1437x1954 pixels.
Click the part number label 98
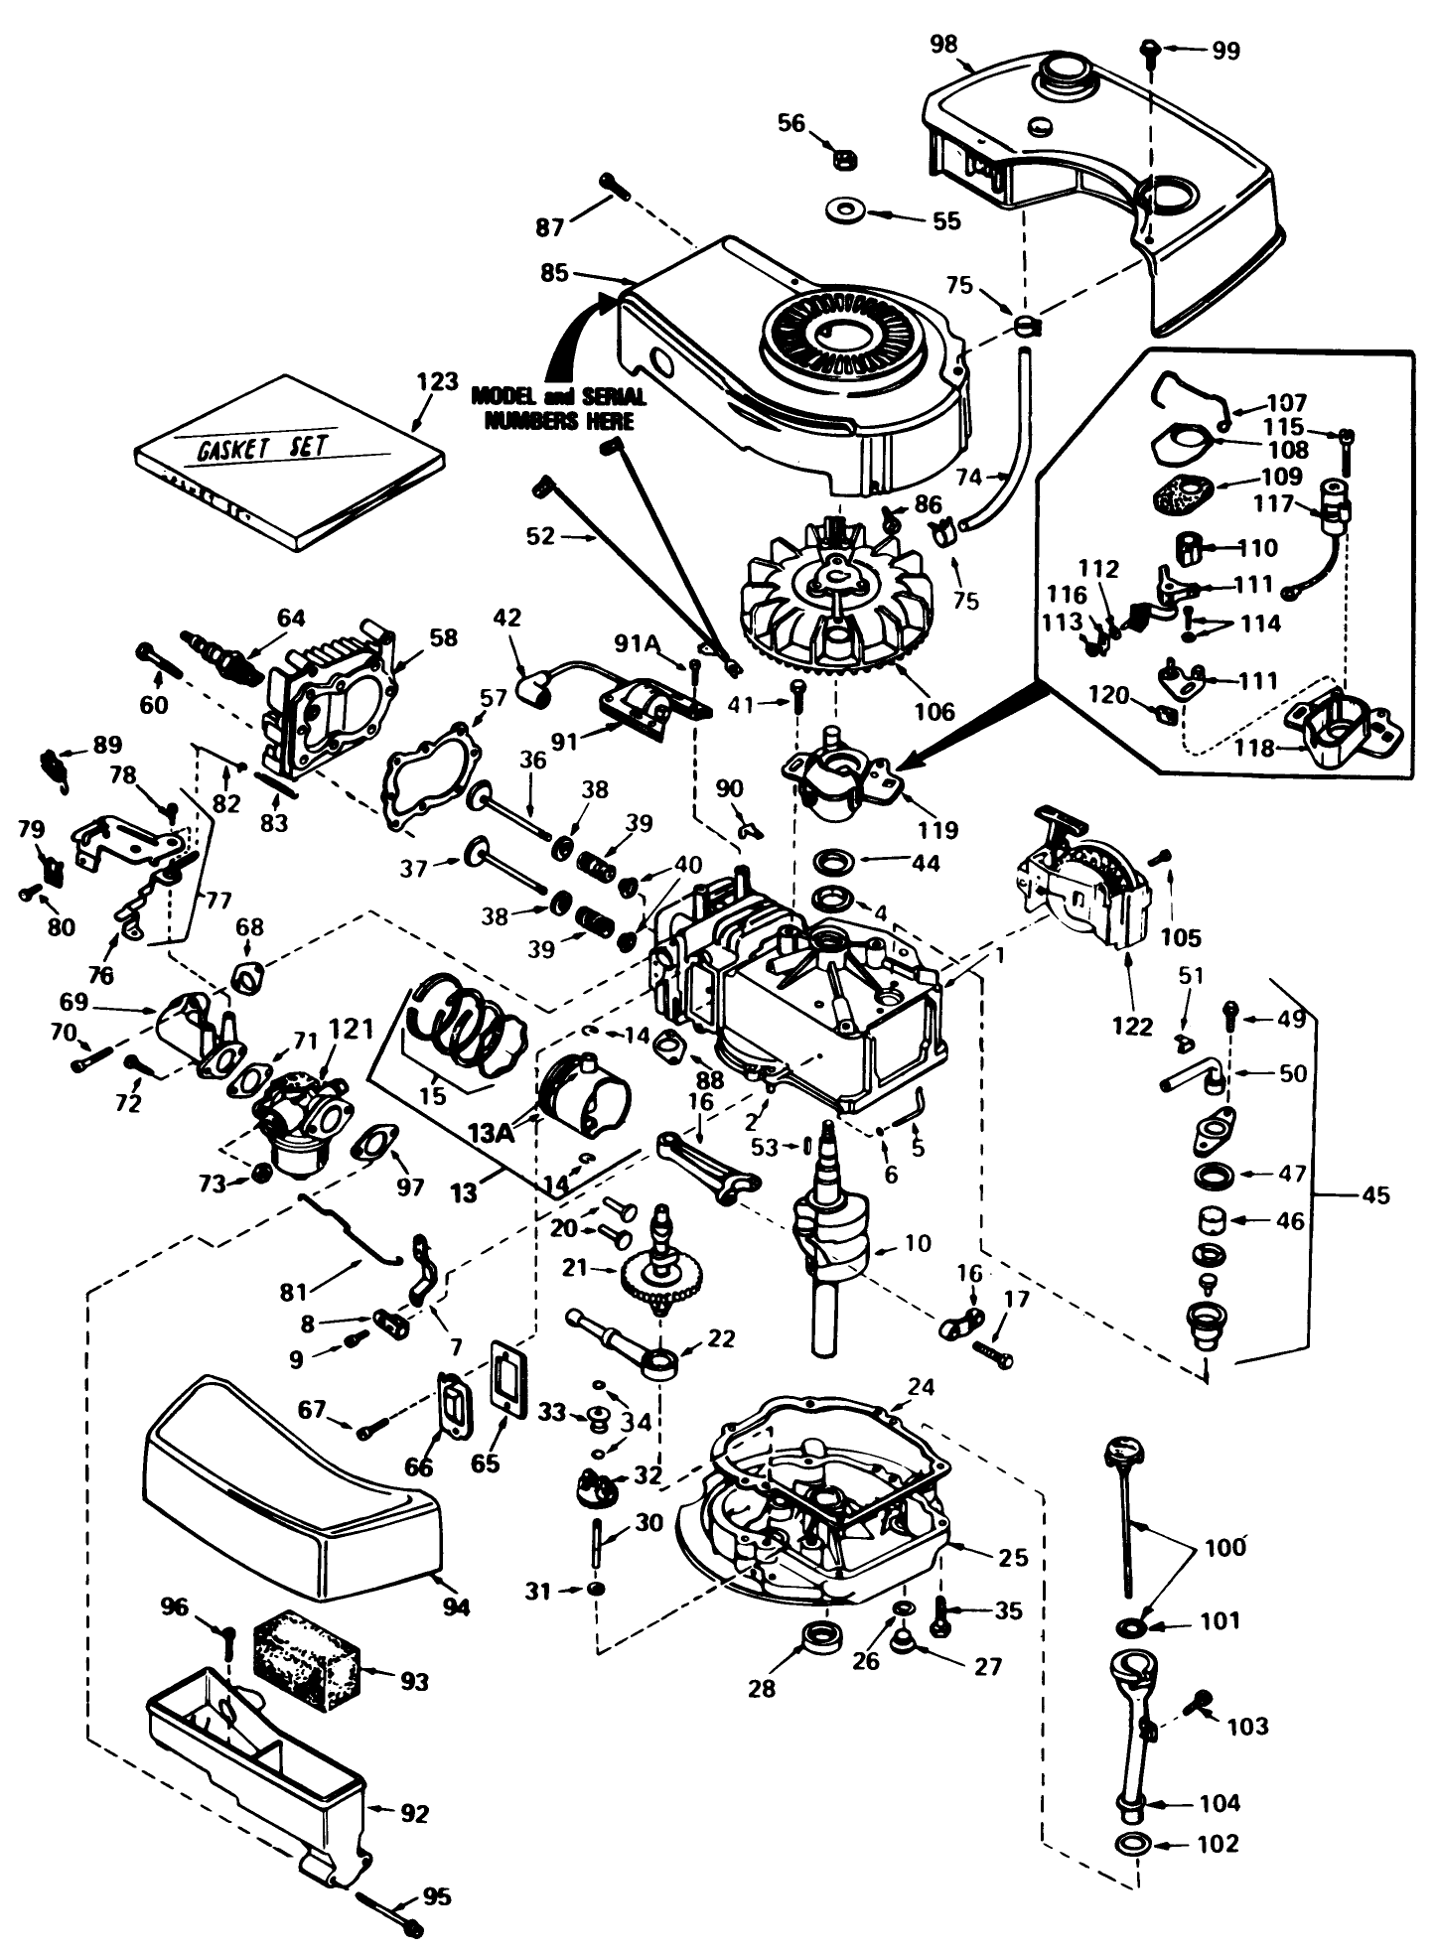click(x=944, y=43)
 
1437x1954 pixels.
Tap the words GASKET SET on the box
click(x=261, y=446)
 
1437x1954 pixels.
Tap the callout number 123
click(x=437, y=381)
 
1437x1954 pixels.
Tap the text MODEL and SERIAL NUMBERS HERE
click(x=558, y=408)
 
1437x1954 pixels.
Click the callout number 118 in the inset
click(x=1254, y=748)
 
